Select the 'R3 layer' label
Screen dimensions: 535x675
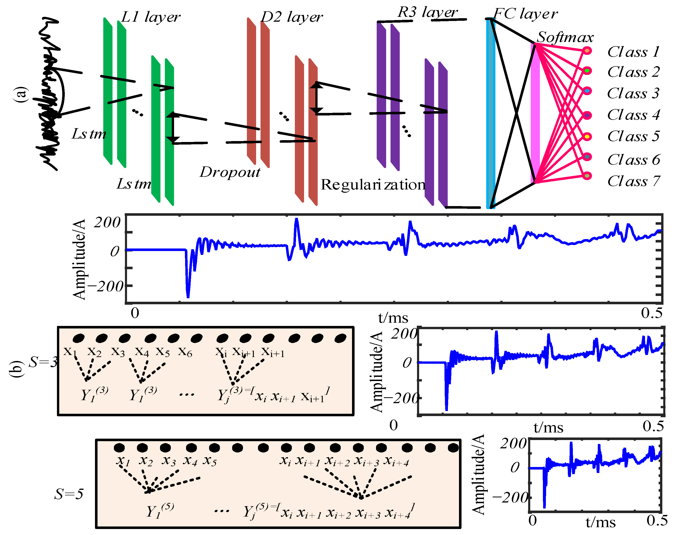[x=427, y=12]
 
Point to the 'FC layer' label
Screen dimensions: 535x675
[x=525, y=14]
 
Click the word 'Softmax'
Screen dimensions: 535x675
[x=565, y=37]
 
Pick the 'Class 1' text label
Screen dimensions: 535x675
[x=633, y=52]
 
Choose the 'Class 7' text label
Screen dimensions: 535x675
[x=633, y=181]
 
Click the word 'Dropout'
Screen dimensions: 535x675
[x=230, y=172]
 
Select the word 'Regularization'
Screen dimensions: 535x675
[x=373, y=185]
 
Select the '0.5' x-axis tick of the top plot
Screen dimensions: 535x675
[x=651, y=313]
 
